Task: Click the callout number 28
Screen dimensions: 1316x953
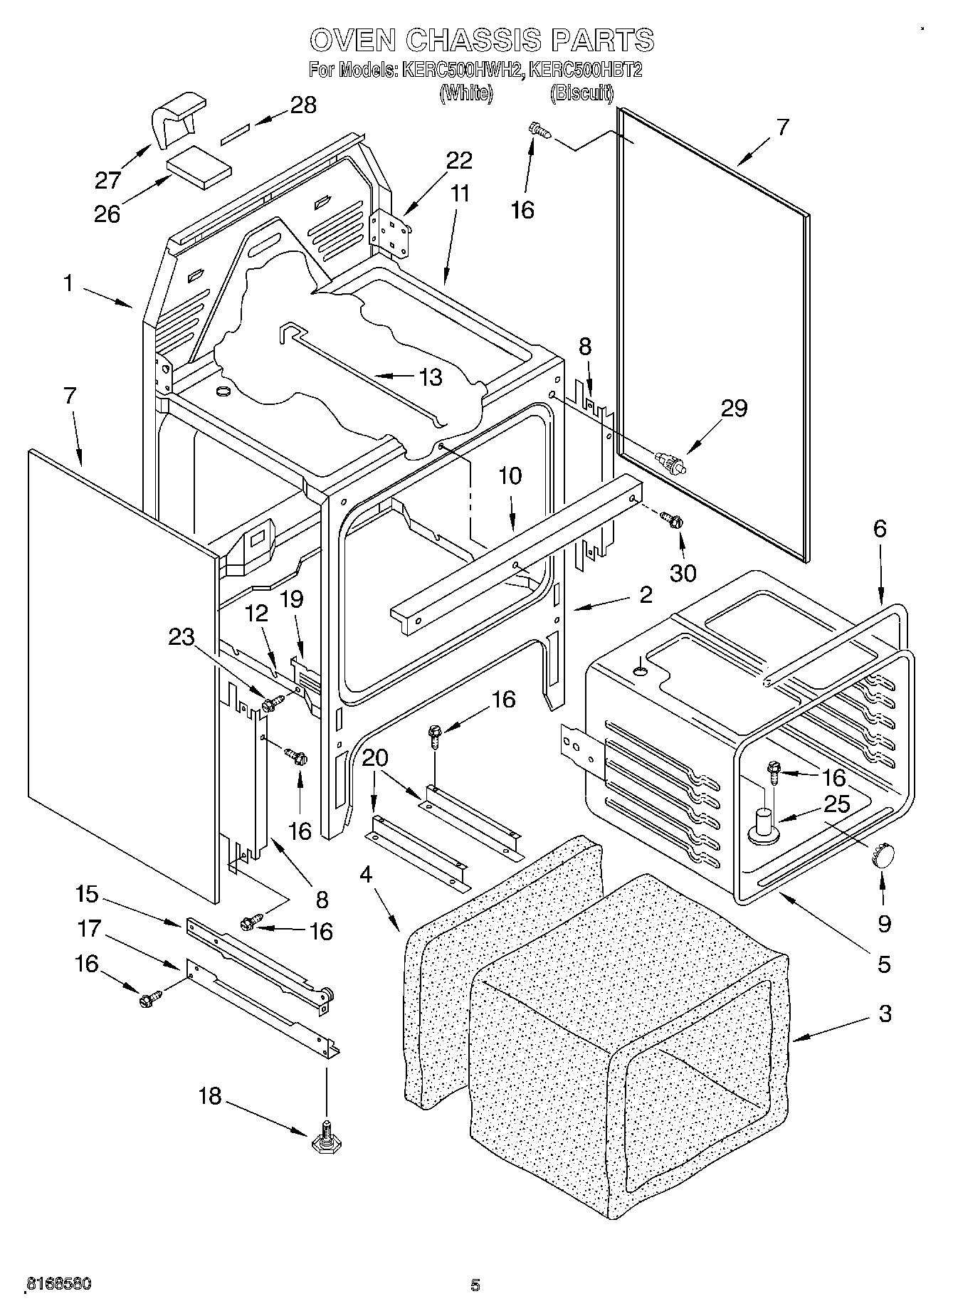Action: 302,105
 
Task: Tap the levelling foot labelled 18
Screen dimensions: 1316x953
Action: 325,1139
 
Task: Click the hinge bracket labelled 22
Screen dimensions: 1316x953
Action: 390,231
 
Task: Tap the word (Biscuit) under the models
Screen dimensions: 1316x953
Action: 581,93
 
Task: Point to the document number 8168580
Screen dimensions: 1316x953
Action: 58,1284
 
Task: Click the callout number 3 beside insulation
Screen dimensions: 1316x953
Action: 885,1014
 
